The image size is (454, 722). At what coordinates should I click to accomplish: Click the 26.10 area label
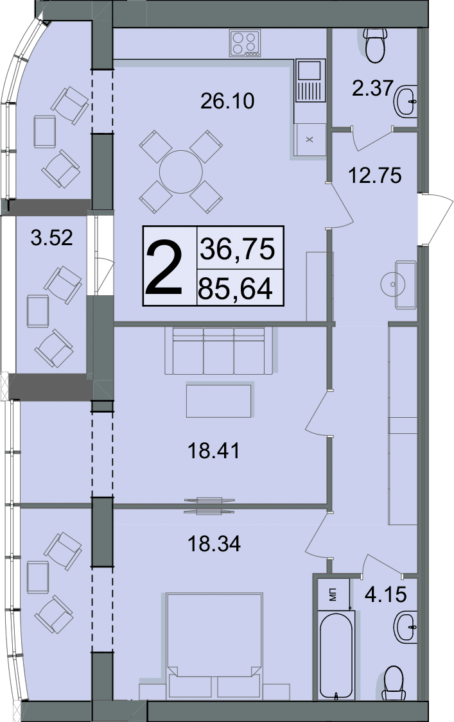click(227, 101)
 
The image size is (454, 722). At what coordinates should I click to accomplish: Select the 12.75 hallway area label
click(375, 175)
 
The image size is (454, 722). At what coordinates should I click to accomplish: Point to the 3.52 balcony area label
click(51, 237)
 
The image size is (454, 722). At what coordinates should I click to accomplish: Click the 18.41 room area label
click(213, 451)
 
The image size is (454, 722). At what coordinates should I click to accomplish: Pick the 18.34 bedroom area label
click(214, 544)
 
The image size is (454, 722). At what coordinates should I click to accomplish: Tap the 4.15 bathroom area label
click(385, 594)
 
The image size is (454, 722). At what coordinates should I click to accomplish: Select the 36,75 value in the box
click(237, 248)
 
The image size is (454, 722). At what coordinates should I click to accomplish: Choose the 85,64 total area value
click(235, 289)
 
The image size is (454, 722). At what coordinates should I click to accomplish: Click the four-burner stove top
click(245, 43)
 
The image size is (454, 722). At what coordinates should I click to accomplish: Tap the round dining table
click(180, 172)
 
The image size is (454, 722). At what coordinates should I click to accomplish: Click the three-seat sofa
click(219, 350)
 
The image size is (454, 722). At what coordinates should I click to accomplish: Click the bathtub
click(336, 656)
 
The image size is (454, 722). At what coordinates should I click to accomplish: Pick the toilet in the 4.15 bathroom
click(394, 683)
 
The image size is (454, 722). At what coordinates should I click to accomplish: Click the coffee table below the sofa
click(219, 400)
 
